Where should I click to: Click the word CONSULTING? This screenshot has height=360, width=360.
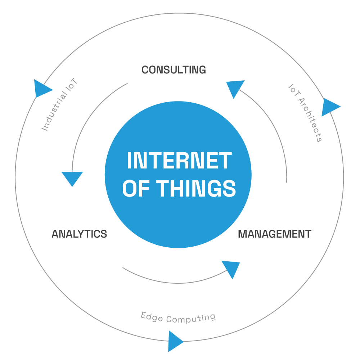pos(174,70)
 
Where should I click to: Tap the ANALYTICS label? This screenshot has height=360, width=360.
pos(80,234)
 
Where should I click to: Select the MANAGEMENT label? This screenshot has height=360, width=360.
pos(275,234)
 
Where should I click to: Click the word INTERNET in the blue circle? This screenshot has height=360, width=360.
pos(179,160)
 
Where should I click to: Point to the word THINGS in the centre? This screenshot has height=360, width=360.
pos(196,188)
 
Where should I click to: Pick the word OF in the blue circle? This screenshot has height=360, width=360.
pos(136,188)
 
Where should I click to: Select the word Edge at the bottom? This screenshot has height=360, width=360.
pos(152,317)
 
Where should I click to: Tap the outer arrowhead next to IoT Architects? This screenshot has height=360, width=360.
pos(329,107)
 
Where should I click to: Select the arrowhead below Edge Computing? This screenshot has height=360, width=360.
pos(175,341)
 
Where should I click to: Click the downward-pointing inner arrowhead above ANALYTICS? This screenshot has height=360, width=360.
pos(72,177)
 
